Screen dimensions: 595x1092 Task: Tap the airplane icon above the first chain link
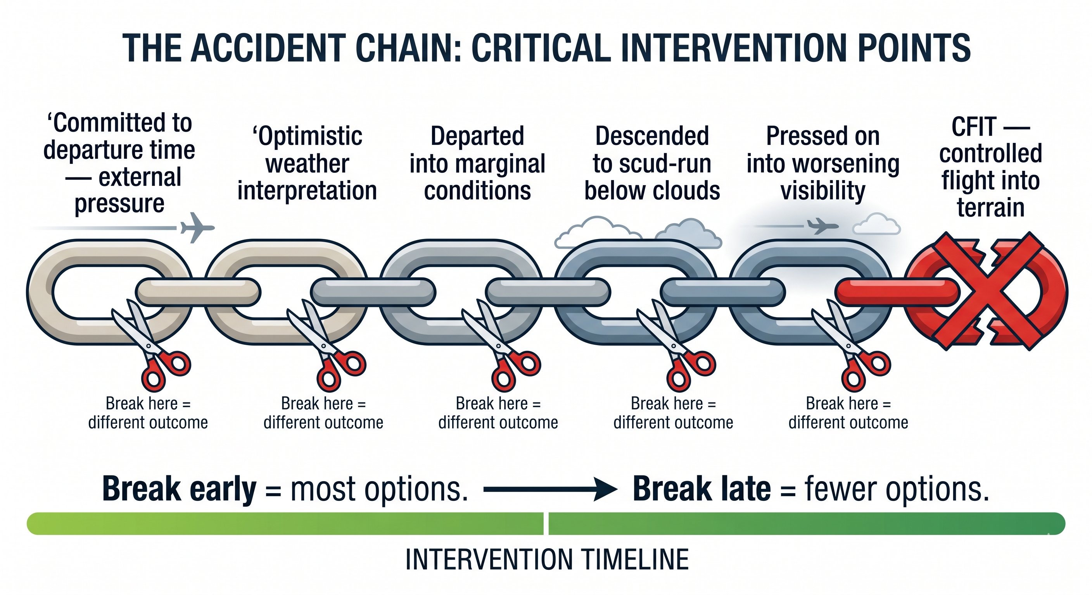(197, 228)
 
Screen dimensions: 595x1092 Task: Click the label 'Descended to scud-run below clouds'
(651, 163)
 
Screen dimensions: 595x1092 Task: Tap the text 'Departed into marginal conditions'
(477, 163)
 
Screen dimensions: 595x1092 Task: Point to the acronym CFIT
(974, 127)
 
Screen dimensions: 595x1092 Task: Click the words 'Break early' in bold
(179, 489)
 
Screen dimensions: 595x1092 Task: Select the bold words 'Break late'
(701, 489)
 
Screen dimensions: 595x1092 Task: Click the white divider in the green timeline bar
(546, 523)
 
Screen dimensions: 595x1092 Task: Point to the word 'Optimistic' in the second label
(308, 136)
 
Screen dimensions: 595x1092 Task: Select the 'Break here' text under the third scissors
(498, 404)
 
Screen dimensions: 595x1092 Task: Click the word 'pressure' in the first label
(119, 204)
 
